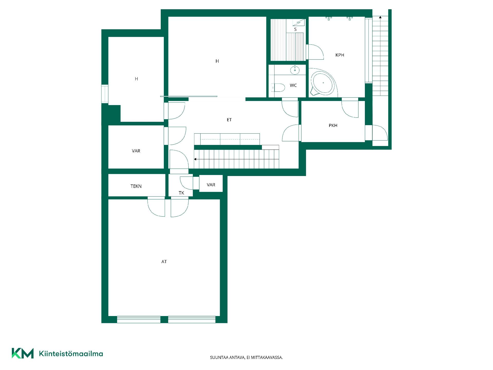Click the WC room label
pos(293,85)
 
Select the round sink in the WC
pos(295,70)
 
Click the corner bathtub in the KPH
pos(323,83)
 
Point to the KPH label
pos(340,55)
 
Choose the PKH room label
pos(333,125)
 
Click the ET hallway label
pos(229,120)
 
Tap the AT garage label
pos(164,262)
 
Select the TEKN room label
pos(136,186)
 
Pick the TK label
pos(182,193)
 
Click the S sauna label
pos(295,29)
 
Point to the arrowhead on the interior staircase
pos(195,159)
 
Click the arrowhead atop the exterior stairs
pos(380,17)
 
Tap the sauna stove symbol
pos(299,23)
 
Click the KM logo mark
pos(23,353)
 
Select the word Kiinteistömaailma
pos(71,354)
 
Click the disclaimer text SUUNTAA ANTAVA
pos(227,357)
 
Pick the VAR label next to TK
pos(211,185)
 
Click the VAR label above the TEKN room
pos(136,151)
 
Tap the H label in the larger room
pos(217,61)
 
